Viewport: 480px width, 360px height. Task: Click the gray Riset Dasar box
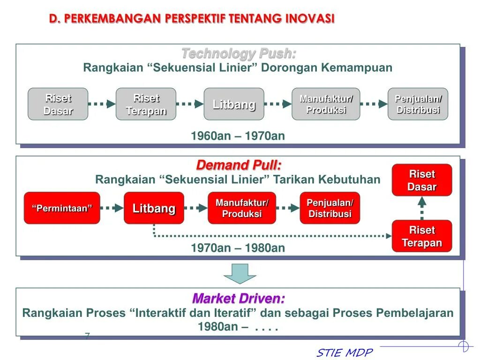click(58, 104)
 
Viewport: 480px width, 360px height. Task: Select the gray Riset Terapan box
click(146, 104)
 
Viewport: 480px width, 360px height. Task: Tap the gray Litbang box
click(234, 104)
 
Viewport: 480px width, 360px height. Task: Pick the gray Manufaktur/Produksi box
click(326, 104)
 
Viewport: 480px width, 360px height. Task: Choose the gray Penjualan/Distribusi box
click(418, 104)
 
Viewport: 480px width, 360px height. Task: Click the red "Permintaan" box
click(62, 208)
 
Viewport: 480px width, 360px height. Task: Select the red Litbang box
click(154, 208)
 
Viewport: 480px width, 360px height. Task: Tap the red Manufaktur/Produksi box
click(242, 208)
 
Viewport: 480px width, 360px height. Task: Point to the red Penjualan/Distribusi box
click(330, 208)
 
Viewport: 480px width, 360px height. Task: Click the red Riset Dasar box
click(422, 180)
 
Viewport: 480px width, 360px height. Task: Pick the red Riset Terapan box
click(422, 236)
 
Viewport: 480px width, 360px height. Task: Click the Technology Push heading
click(239, 53)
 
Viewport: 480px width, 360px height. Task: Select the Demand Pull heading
click(239, 165)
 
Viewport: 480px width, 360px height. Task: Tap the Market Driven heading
click(239, 298)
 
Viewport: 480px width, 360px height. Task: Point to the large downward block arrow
click(240, 273)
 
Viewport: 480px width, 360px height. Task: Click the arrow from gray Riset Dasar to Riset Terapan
click(102, 104)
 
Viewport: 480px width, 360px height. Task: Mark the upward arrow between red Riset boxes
click(422, 208)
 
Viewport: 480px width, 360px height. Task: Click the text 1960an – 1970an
click(238, 136)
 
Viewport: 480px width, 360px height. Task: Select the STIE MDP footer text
click(345, 352)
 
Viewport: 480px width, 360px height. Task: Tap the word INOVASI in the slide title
click(310, 19)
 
